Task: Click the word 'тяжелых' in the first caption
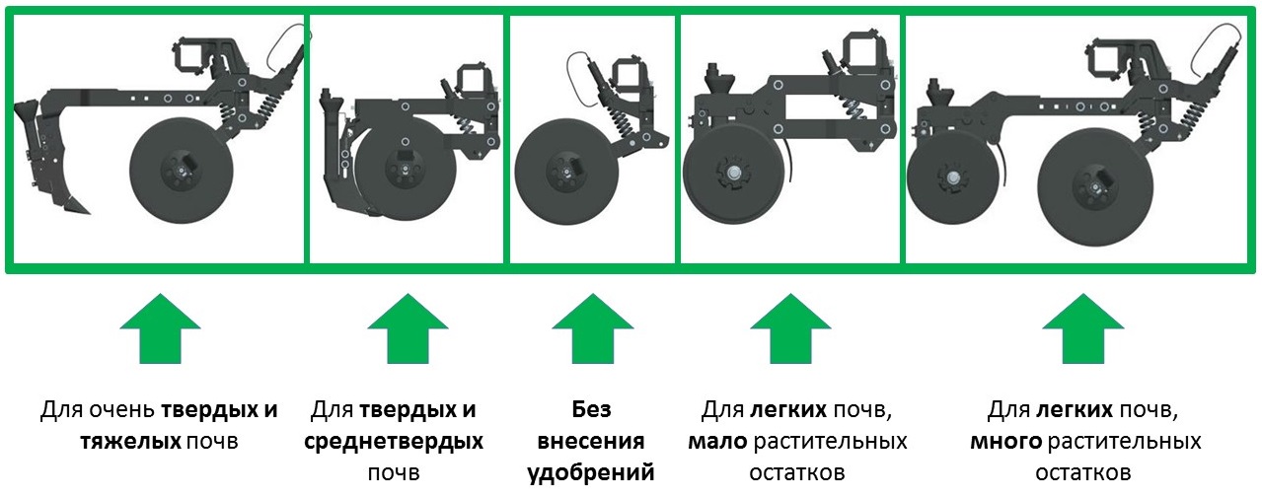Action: tap(130, 441)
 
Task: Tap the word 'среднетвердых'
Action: tap(394, 441)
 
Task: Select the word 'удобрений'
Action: tap(591, 472)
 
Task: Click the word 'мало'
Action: tap(717, 441)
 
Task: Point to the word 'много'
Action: tap(1006, 441)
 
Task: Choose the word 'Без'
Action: tap(592, 409)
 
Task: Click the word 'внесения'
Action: tap(591, 441)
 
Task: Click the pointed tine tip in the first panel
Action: tap(89, 213)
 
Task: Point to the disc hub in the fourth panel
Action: tap(733, 174)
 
